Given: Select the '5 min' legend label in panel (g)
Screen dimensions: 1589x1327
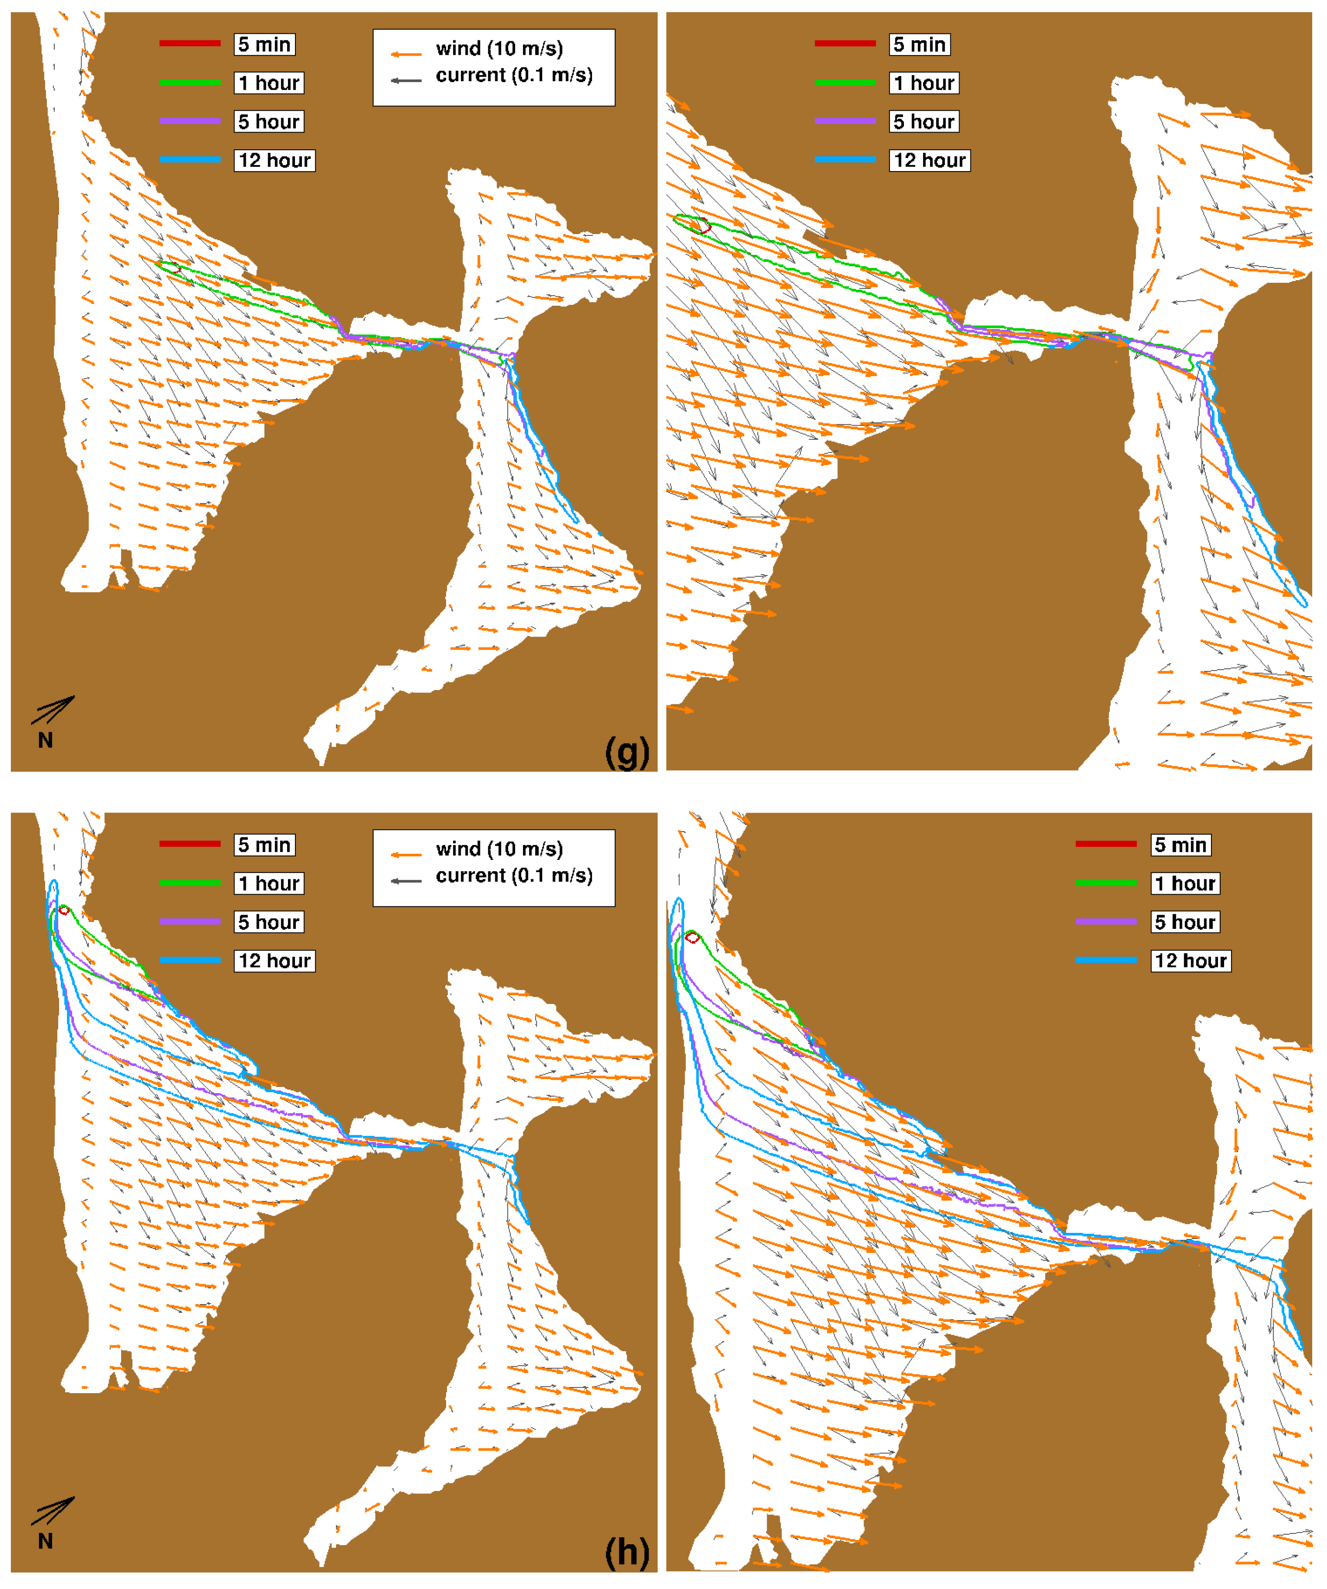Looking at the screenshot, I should point(264,45).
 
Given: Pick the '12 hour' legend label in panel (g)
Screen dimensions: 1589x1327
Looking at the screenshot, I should point(274,160).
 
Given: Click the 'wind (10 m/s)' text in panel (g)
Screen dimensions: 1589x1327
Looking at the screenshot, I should point(499,49).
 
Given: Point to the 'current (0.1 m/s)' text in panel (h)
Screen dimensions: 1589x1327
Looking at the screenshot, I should point(514,875).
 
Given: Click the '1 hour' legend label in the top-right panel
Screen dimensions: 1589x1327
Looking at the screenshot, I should point(923,83).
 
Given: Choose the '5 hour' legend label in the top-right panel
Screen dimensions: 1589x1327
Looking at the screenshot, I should point(923,122).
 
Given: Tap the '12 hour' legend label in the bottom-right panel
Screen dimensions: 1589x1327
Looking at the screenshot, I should point(1190,961).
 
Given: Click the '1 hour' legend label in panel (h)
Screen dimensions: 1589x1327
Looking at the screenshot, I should point(269,884).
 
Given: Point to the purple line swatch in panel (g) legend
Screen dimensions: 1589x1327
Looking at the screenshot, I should point(190,121).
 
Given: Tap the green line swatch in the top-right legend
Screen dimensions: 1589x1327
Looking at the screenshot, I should point(845,83).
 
